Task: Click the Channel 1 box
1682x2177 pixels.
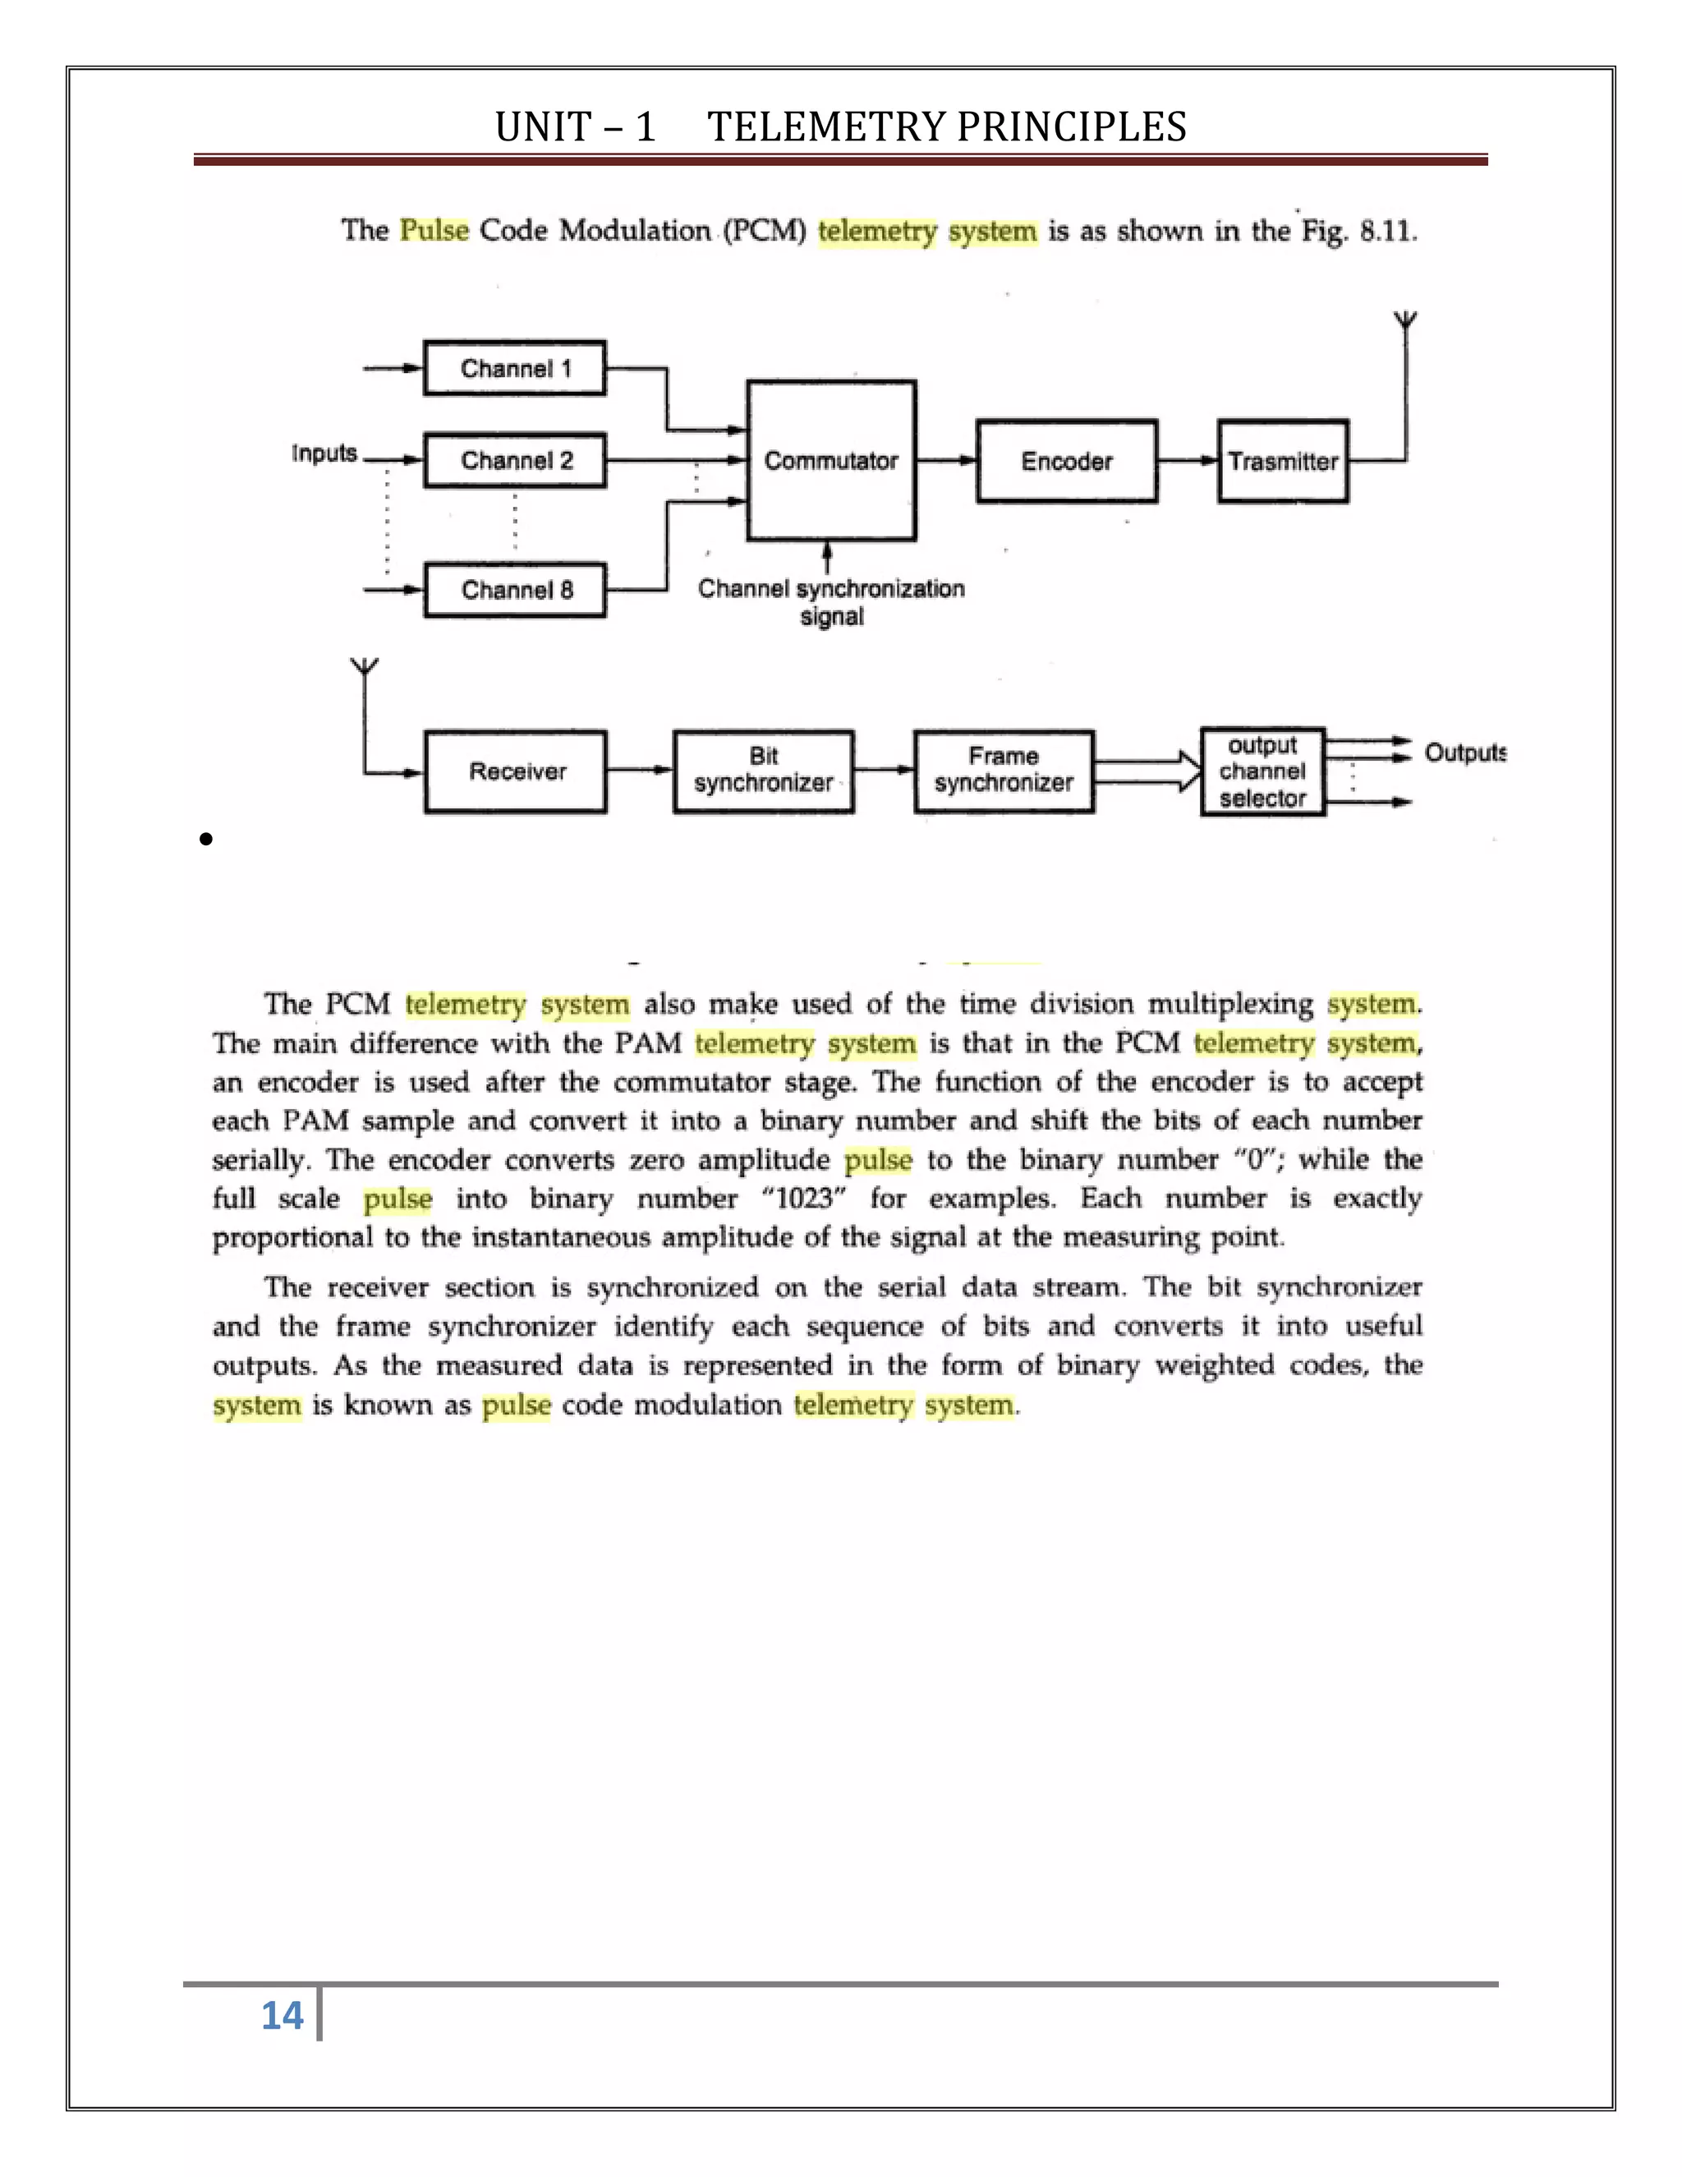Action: coord(514,369)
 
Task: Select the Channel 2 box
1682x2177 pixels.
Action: coord(514,461)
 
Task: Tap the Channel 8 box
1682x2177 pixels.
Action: coord(514,590)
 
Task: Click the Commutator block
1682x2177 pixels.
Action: coord(831,461)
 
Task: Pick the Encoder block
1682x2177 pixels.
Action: coord(1066,462)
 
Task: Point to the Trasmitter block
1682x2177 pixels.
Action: coord(1282,462)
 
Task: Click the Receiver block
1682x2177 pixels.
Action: coord(515,771)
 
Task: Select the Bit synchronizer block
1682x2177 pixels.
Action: coord(763,771)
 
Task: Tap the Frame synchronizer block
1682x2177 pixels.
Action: coord(1004,771)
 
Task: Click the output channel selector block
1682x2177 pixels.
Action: coord(1262,771)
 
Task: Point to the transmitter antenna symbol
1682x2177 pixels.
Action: coord(1405,322)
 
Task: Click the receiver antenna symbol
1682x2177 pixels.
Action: coord(365,667)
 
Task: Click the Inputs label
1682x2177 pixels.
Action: coord(324,453)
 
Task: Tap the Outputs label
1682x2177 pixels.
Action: coord(1464,753)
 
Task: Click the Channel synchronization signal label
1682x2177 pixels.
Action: coord(831,602)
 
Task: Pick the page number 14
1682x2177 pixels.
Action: coord(282,2015)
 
